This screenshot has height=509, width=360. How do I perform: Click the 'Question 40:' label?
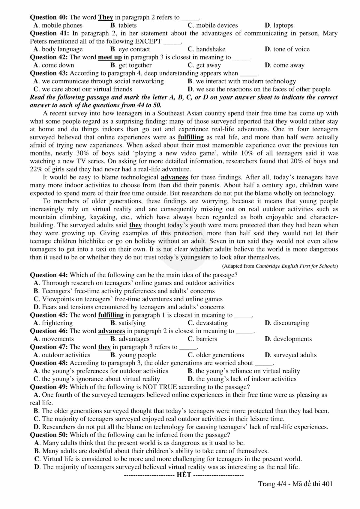point(49,17)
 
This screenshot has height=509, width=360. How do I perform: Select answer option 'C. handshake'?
point(206,49)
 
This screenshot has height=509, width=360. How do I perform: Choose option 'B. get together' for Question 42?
point(131,65)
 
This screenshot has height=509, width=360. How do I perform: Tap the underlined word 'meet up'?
point(110,57)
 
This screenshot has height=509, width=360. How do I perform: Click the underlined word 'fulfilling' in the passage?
point(191,137)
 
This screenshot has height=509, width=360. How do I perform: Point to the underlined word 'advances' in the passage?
point(174,177)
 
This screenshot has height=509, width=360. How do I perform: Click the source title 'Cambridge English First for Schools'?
point(296,266)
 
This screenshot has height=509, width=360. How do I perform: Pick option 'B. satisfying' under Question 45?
point(128,323)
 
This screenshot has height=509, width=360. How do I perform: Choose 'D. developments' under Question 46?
point(288,339)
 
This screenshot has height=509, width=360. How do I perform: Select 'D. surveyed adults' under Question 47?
point(291,355)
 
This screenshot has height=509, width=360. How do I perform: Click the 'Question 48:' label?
point(49,363)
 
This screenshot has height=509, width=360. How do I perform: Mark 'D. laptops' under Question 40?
point(279,25)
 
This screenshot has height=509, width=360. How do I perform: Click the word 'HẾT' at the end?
point(184,475)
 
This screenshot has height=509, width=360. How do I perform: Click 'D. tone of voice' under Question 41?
point(287,49)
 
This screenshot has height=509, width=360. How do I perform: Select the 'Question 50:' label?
point(49,435)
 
